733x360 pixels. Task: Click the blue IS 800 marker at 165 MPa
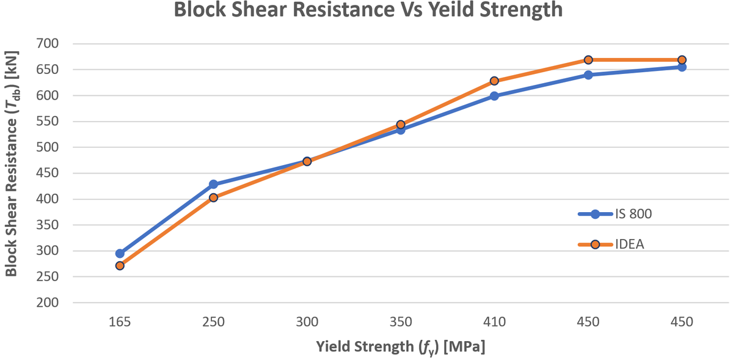pos(120,253)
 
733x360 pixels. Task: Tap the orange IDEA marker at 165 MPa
pos(120,265)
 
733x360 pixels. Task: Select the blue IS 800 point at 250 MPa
pos(213,184)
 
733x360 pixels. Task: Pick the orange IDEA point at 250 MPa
pos(213,197)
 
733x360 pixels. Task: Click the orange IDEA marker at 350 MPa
pos(401,125)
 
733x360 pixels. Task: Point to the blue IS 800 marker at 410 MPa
pos(494,96)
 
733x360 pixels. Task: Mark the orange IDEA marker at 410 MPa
pos(494,81)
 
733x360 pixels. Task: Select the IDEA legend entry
pos(611,244)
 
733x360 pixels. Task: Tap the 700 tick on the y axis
pos(47,44)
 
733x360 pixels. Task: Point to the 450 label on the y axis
pos(47,173)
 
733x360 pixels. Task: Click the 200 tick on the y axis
pos(47,303)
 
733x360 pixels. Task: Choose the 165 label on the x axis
pos(120,322)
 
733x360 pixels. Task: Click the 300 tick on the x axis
pos(307,322)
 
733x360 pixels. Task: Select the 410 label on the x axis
pos(494,322)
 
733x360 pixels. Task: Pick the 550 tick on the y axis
pos(47,122)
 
